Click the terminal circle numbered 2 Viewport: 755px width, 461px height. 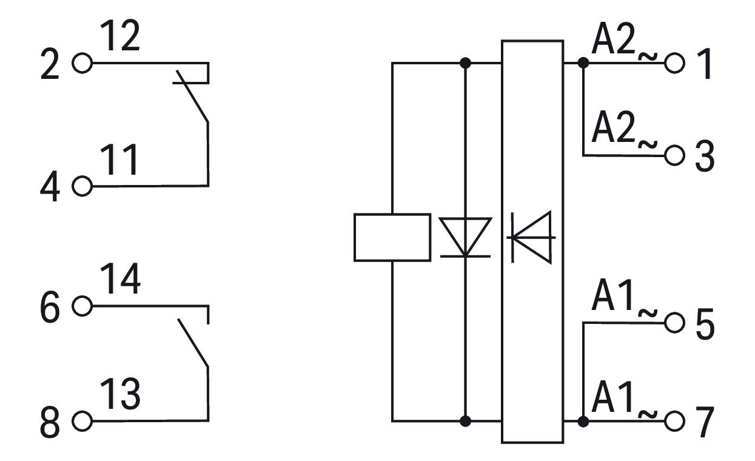pos(82,63)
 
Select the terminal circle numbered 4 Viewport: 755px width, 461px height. pos(82,186)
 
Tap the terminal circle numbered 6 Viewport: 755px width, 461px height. pos(82,306)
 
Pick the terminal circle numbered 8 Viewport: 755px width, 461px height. pos(82,421)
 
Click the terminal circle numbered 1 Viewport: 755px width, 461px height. pos(674,63)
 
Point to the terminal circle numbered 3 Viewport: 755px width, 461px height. pos(674,155)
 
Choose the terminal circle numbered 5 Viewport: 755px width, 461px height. pos(674,323)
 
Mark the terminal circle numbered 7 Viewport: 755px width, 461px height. pos(674,421)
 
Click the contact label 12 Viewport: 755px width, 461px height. pos(120,35)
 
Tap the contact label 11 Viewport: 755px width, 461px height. pos(119,160)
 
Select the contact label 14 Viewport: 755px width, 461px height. pos(120,278)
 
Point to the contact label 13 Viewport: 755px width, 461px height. pos(120,394)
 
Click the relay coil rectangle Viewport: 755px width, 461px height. pos(392,237)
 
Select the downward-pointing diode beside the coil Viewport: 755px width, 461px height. pos(465,238)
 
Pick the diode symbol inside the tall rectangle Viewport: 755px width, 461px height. pos(532,237)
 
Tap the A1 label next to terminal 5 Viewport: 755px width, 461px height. pos(612,295)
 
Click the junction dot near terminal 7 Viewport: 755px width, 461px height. pos(583,422)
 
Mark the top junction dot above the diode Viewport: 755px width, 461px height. pos(465,63)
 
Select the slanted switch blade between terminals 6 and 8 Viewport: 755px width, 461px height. pos(193,342)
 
